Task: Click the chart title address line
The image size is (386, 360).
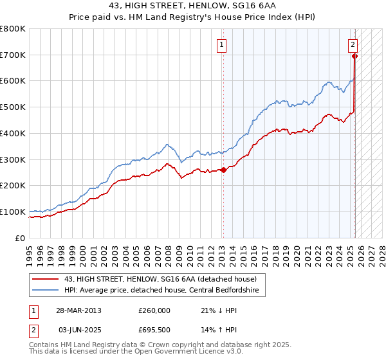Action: point(193,6)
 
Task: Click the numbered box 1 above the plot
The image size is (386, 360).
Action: point(221,45)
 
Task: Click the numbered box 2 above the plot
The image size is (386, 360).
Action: point(353,45)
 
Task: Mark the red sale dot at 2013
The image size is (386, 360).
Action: point(223,170)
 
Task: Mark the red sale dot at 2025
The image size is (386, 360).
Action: point(354,56)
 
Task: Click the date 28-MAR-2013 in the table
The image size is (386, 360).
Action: point(78,310)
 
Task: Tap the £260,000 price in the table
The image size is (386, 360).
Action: point(154,310)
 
